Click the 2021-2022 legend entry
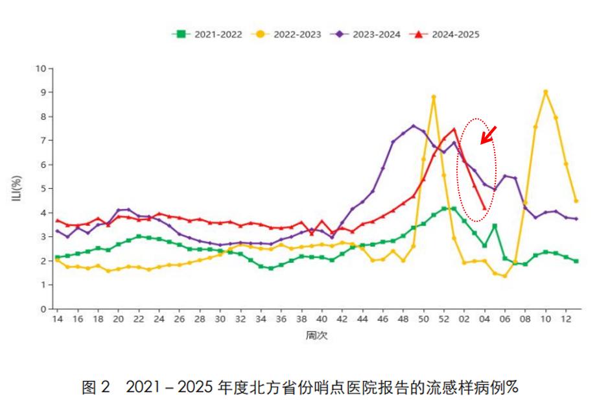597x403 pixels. click(207, 34)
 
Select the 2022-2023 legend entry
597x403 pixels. click(288, 34)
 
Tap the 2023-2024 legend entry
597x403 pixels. click(368, 34)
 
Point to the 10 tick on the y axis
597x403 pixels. click(41, 68)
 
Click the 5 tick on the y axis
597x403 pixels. click(43, 189)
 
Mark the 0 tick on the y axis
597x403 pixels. click(43, 309)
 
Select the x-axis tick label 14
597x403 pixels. click(57, 320)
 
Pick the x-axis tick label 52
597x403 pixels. click(443, 320)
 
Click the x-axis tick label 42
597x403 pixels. click(342, 320)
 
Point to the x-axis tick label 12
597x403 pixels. click(565, 320)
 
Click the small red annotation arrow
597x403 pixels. click(488, 134)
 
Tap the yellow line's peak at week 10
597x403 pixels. click(545, 92)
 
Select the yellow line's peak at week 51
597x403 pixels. click(434, 97)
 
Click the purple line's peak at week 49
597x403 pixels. click(413, 126)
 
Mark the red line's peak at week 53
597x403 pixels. click(454, 128)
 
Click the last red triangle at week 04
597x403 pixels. click(484, 208)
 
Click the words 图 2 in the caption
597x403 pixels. click(97, 387)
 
